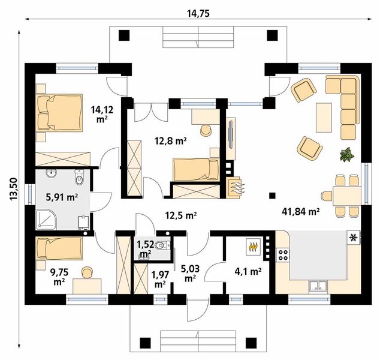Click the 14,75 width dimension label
click(198, 14)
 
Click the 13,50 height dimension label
click(14, 189)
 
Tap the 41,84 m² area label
click(300, 212)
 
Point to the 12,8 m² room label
click(171, 141)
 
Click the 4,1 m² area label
click(248, 271)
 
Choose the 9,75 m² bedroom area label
click(59, 277)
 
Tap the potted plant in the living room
click(347, 154)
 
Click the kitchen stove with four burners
click(283, 255)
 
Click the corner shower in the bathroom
click(46, 220)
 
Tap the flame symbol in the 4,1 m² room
click(254, 247)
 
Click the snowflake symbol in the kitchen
click(352, 238)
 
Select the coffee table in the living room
click(324, 118)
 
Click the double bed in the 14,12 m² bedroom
click(59, 113)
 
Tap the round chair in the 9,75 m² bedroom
click(88, 272)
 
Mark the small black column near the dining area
click(272, 196)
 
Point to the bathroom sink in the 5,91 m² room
click(51, 173)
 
